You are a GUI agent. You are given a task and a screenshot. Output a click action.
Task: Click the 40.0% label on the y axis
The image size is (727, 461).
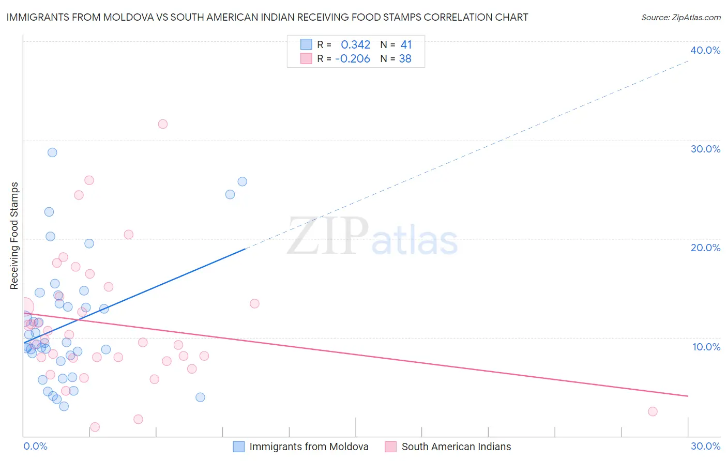pos(705,50)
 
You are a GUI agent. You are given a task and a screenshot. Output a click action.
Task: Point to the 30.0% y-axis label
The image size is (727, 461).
pos(705,149)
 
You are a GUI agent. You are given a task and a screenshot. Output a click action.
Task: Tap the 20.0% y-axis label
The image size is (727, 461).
pos(705,248)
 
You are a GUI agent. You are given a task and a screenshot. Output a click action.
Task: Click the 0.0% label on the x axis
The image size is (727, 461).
pos(35,446)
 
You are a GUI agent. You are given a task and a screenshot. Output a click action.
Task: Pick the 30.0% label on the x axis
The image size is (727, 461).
pos(705,446)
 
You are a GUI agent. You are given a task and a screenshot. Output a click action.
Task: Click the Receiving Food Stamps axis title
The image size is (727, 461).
pos(14,236)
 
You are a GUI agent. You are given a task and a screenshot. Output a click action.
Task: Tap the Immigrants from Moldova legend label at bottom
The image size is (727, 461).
pos(309,447)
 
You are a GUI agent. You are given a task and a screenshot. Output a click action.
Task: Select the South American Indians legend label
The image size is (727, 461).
pos(456,447)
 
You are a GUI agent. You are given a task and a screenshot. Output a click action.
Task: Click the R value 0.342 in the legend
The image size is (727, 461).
pos(355,45)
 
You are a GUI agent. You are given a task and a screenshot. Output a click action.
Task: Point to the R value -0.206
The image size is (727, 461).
pos(353,59)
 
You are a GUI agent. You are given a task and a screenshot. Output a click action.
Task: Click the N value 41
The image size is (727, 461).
pos(406,45)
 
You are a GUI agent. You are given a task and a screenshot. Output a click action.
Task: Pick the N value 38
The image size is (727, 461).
pos(405,59)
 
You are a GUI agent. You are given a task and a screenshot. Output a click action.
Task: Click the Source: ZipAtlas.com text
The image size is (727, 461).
pos(680,18)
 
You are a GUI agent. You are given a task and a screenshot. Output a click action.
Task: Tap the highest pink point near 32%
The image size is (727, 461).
pos(163,124)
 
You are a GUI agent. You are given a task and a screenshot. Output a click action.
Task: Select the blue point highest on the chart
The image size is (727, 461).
pos(52,152)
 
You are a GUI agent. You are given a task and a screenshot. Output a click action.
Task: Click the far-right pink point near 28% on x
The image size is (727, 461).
pos(653,411)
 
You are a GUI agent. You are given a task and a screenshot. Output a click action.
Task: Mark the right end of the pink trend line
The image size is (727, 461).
pos(688,396)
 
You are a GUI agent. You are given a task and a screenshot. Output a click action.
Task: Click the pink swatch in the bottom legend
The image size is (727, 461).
pos(390,447)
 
